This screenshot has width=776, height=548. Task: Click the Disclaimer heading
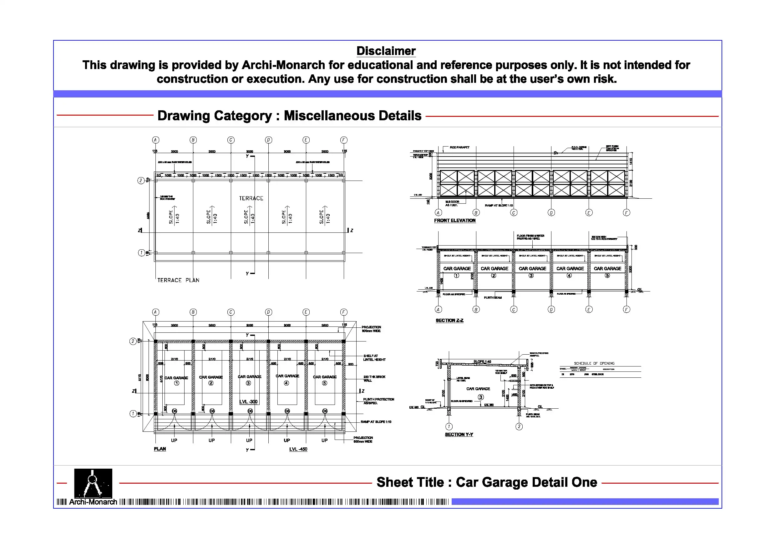click(386, 51)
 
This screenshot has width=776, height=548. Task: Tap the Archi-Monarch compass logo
click(93, 483)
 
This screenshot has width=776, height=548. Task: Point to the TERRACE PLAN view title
click(178, 280)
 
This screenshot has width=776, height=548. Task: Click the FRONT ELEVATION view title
click(454, 221)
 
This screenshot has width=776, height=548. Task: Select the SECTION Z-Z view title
click(449, 321)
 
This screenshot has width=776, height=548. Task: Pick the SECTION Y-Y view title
click(459, 435)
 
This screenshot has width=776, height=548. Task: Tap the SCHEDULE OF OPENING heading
click(594, 363)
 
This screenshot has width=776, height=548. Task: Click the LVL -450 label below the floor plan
click(298, 449)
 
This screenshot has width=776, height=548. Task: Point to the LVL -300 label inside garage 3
click(248, 402)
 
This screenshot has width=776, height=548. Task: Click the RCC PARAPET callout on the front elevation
click(459, 147)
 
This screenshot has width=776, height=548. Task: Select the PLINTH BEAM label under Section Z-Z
click(492, 298)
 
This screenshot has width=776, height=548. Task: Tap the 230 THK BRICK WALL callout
click(374, 378)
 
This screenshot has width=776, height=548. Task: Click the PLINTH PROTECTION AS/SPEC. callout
click(378, 401)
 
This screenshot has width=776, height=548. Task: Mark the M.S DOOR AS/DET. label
click(452, 203)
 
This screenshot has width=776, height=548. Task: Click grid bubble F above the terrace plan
click(344, 140)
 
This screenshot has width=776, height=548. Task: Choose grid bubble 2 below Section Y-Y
click(519, 427)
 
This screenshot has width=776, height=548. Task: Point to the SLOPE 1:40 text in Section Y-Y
click(482, 361)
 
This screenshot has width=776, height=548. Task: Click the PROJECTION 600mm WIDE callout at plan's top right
click(371, 329)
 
